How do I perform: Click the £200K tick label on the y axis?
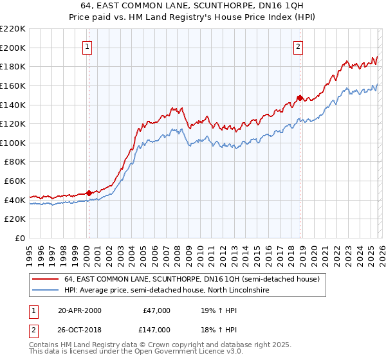click(12, 48)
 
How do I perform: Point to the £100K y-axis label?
click(12, 143)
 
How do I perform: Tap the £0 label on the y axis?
click(19, 239)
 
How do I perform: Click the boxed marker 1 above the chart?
click(87, 46)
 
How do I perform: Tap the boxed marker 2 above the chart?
click(299, 46)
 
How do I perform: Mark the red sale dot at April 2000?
click(89, 193)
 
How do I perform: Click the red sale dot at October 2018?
click(299, 98)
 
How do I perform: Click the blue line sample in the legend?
click(46, 291)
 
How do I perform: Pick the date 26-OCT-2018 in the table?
click(79, 329)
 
